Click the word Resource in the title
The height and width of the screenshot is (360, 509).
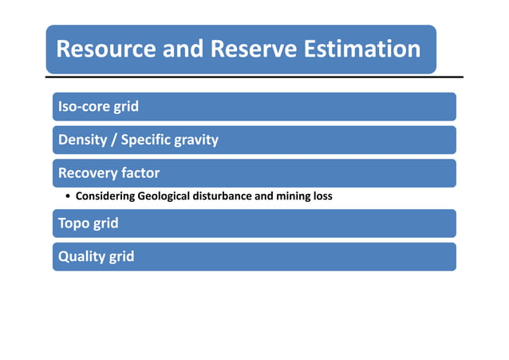pos(105,49)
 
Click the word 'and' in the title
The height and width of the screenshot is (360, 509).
pos(183,49)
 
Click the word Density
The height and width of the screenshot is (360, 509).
pos(81,140)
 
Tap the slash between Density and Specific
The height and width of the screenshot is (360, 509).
pos(114,140)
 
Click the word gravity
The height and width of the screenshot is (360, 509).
pos(196,140)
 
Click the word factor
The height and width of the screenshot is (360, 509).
pos(140,173)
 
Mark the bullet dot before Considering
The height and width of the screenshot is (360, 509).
pos(69,196)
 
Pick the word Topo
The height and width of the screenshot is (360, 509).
pos(73,224)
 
